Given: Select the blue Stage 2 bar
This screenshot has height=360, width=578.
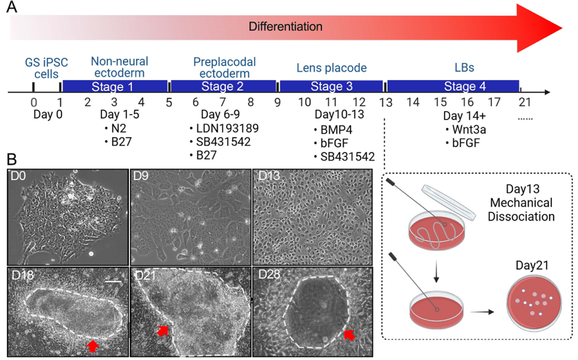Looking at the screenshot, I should tap(223, 87).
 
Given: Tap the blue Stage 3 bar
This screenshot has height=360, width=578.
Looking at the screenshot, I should tap(330, 87).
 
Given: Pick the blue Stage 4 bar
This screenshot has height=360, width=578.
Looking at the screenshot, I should tap(453, 87).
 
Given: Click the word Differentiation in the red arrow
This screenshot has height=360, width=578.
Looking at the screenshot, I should tap(285, 27).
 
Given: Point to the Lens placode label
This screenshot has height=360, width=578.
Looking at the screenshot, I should tap(332, 68).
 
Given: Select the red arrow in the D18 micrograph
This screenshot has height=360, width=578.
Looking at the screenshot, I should tap(92, 345).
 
